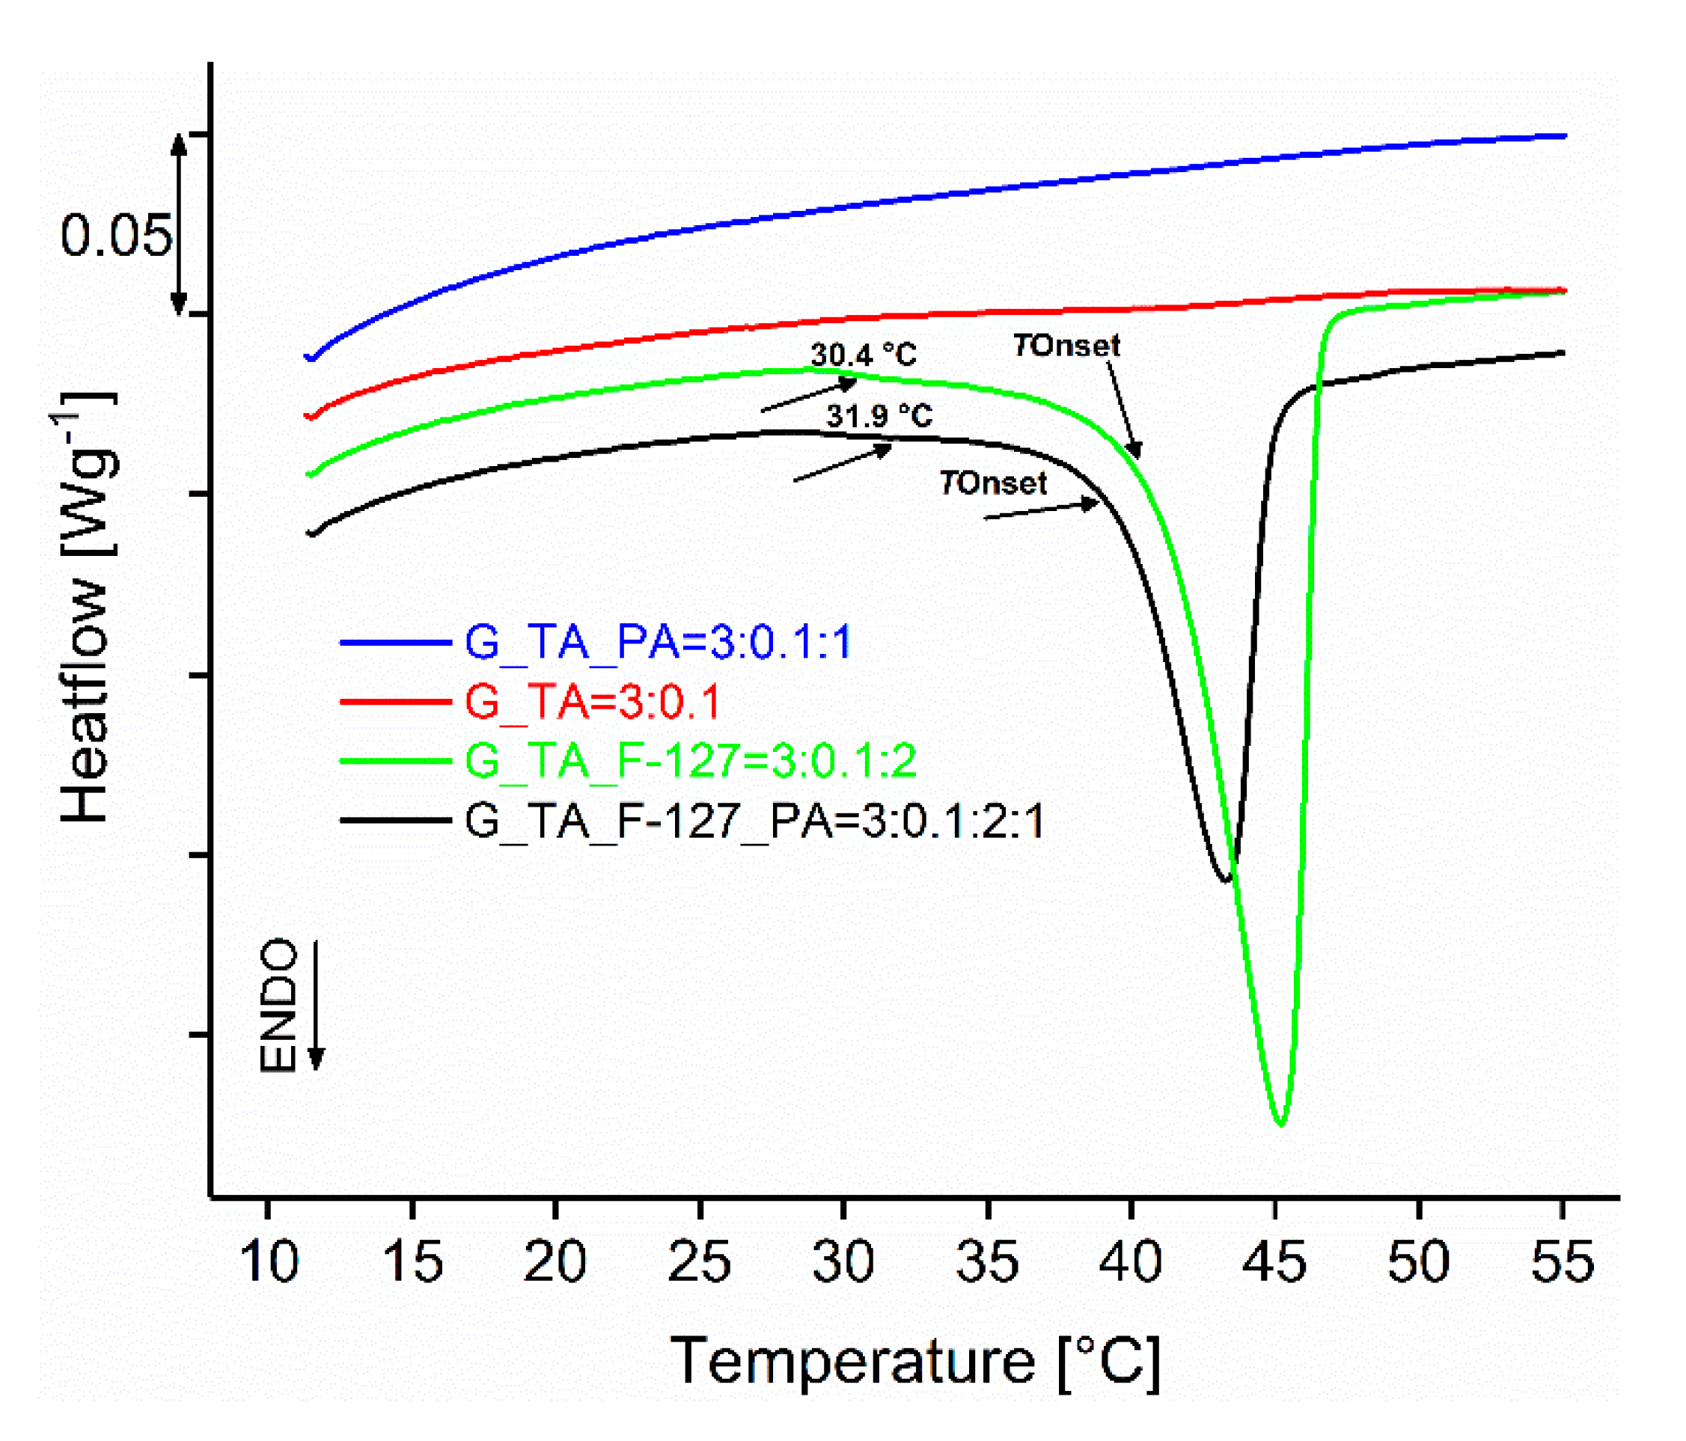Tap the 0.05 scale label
[116, 236]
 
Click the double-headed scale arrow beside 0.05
[179, 225]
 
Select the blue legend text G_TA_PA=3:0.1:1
[658, 642]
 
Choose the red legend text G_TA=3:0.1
[593, 701]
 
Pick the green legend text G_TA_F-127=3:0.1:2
[691, 761]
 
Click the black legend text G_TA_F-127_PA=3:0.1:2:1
[754, 820]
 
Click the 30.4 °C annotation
[864, 355]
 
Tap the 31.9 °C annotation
[879, 416]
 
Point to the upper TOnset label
[1066, 346]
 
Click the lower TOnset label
[993, 483]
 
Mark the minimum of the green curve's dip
[1280, 1124]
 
